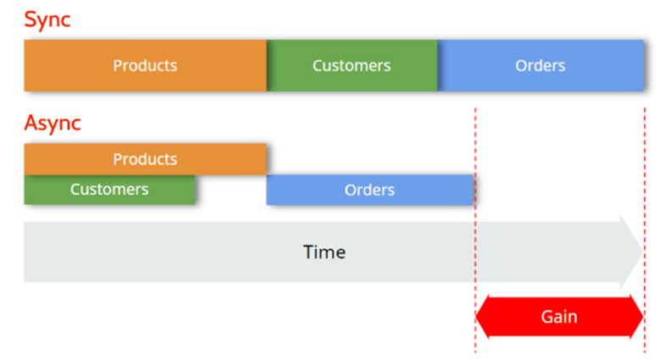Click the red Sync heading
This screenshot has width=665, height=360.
47,19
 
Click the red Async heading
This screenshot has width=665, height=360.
53,124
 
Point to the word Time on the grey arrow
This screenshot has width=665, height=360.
324,252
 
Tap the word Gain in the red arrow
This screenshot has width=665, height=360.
559,317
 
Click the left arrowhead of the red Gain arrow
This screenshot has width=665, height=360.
485,317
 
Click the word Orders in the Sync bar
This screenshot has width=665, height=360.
540,65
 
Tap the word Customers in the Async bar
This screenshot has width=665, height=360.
109,190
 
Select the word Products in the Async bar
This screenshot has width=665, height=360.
145,159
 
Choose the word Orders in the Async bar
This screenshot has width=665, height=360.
369,190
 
